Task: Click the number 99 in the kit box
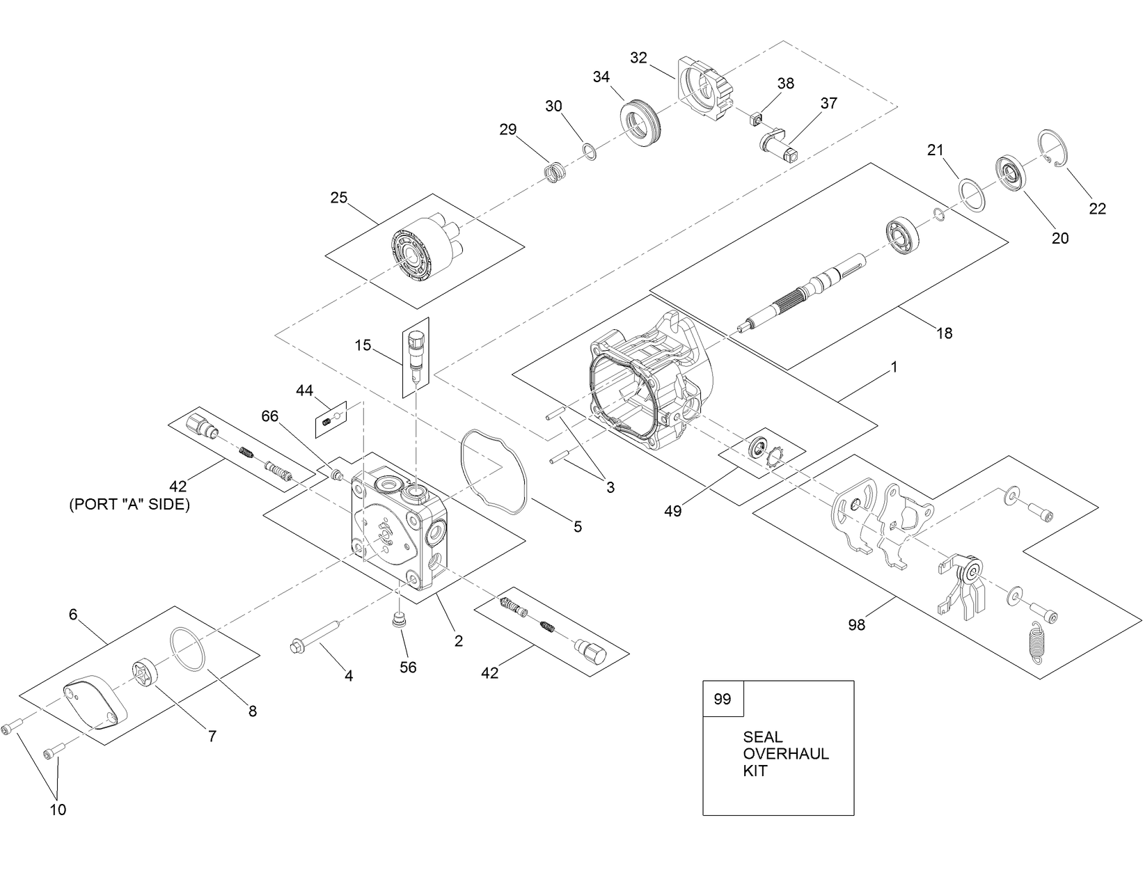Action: [723, 698]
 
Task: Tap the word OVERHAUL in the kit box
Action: [786, 754]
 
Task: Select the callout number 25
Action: [338, 198]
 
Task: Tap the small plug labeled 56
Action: [399, 619]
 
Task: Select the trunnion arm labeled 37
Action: [778, 143]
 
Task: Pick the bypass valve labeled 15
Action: [416, 354]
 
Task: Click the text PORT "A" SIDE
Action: [129, 505]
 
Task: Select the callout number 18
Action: [944, 333]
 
